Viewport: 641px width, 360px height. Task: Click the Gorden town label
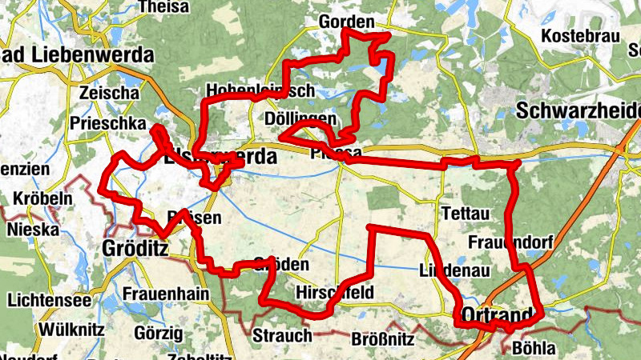(346, 22)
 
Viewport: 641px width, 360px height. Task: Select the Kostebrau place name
(580, 36)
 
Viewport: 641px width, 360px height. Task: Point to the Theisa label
(164, 7)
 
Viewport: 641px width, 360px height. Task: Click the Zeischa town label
(110, 93)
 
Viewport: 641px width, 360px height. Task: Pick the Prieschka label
(108, 124)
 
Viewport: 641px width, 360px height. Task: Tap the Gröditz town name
(135, 249)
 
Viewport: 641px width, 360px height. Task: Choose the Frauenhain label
(166, 294)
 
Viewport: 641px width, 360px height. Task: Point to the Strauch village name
(282, 334)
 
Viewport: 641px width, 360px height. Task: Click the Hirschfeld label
(334, 292)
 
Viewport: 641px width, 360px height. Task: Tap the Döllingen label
(300, 119)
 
